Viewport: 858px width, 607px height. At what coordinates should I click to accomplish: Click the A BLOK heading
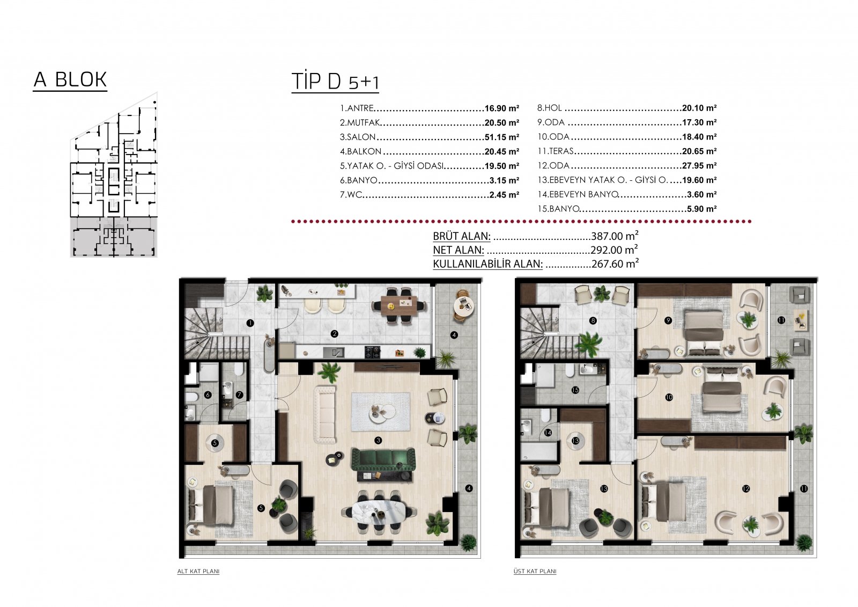[x=70, y=79]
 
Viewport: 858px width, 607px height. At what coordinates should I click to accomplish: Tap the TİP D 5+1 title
[x=335, y=82]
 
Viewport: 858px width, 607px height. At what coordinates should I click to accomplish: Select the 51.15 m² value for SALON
[x=502, y=137]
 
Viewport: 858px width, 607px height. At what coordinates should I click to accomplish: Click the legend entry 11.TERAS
[x=556, y=151]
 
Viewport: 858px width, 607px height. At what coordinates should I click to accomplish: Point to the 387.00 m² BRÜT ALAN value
[x=615, y=236]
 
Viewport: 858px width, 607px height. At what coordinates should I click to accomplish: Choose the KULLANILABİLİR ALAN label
[x=487, y=264]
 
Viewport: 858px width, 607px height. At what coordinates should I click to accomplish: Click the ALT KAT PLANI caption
[x=198, y=572]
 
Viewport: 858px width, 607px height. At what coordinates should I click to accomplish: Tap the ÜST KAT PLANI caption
[x=535, y=572]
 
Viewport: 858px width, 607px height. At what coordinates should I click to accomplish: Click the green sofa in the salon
[x=383, y=460]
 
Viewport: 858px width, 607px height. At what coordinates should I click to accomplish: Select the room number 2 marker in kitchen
[x=335, y=334]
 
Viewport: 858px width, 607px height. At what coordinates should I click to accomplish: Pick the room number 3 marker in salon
[x=379, y=440]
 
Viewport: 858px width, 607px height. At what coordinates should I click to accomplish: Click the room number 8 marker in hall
[x=593, y=320]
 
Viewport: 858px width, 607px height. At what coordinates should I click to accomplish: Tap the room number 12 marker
[x=745, y=489]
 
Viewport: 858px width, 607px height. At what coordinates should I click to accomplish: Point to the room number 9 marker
[x=668, y=320]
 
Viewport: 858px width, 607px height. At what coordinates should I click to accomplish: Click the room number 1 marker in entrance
[x=250, y=323]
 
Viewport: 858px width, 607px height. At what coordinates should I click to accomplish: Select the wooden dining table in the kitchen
[x=399, y=306]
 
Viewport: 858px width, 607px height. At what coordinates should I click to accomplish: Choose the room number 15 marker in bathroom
[x=575, y=390]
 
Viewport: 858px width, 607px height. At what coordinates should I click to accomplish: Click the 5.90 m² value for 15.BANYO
[x=702, y=209]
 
